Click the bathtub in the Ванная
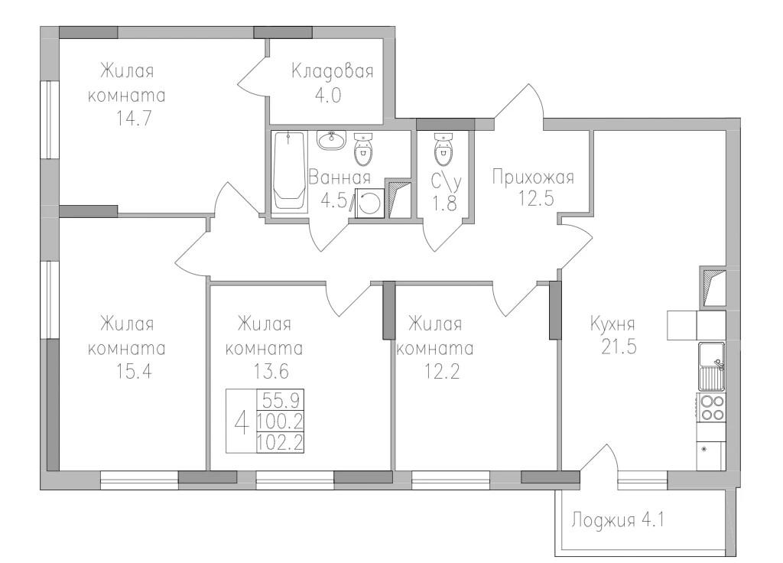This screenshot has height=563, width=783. click(x=290, y=171)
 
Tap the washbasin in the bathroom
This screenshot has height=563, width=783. click(x=331, y=139)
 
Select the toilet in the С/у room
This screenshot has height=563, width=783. click(x=443, y=149)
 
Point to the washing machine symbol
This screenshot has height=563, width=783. click(x=369, y=203)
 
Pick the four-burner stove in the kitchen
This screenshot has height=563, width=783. click(x=712, y=407)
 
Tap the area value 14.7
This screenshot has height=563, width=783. click(x=134, y=119)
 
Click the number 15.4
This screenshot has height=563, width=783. click(x=134, y=372)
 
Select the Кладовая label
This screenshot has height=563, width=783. click(x=333, y=71)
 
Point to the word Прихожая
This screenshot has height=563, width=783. click(x=533, y=177)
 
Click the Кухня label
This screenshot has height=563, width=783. click(x=612, y=324)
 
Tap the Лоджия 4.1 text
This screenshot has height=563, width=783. click(x=618, y=520)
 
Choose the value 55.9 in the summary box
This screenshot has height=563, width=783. click(x=280, y=400)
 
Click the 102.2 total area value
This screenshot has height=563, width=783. click(x=280, y=443)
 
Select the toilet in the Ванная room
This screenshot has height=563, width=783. click(x=363, y=148)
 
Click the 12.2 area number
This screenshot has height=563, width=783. click(x=442, y=372)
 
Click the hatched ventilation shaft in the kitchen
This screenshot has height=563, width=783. click(x=713, y=288)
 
